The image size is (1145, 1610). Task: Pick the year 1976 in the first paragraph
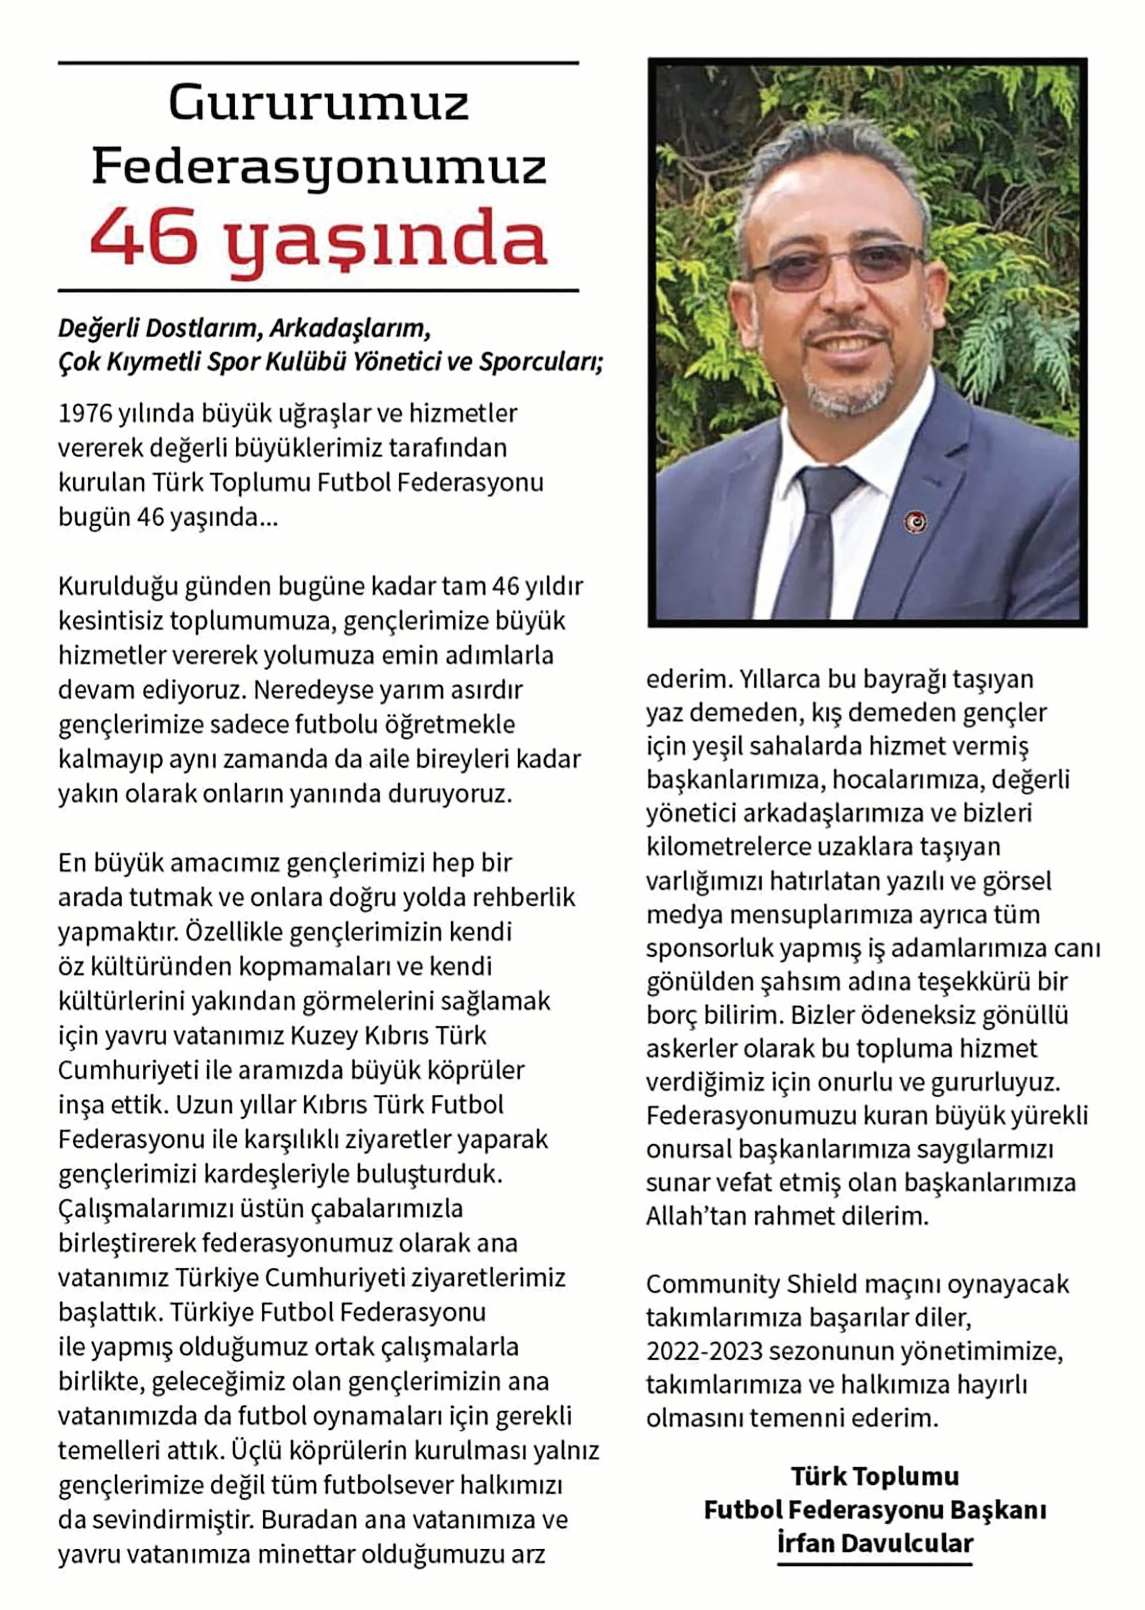(85, 414)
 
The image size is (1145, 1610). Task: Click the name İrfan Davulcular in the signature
(875, 1543)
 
